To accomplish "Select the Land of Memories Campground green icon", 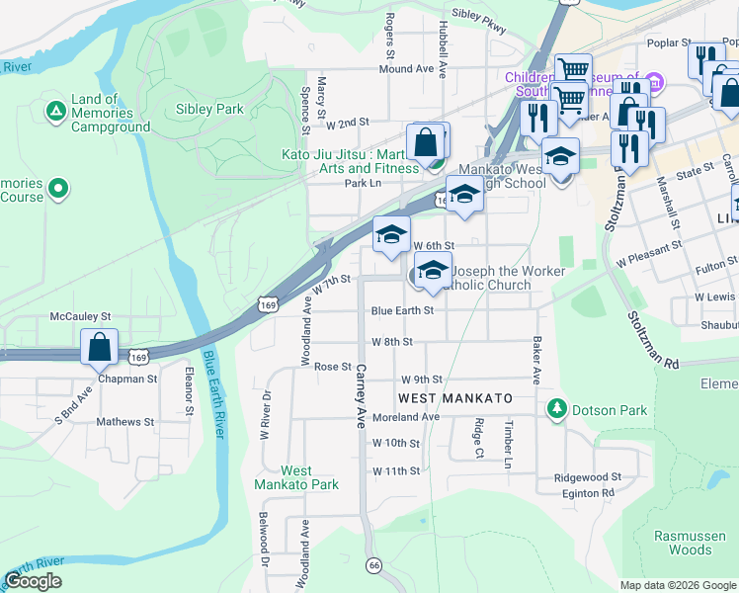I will [56, 107].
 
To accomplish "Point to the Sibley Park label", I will [209, 109].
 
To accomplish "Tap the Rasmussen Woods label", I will [697, 543].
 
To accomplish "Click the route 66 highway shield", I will [373, 564].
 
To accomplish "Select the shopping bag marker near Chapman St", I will [99, 347].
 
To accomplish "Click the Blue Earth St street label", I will [402, 310].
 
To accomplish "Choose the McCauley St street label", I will [80, 317].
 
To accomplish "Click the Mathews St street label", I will [125, 422].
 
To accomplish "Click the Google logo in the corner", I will [34, 581].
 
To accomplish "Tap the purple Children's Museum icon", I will [653, 78].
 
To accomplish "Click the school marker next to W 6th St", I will [391, 234].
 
